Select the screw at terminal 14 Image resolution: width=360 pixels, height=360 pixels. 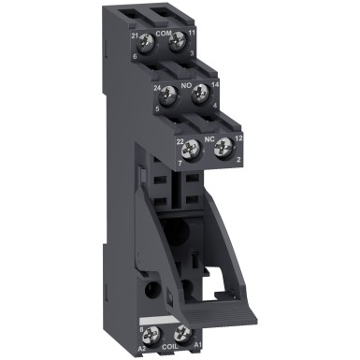click(x=197, y=94)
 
